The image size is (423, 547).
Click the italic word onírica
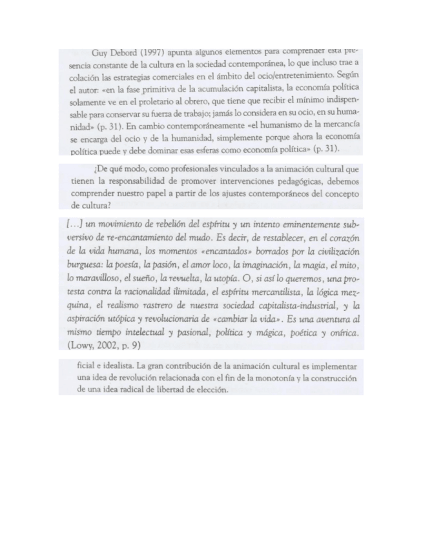click(x=341, y=332)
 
